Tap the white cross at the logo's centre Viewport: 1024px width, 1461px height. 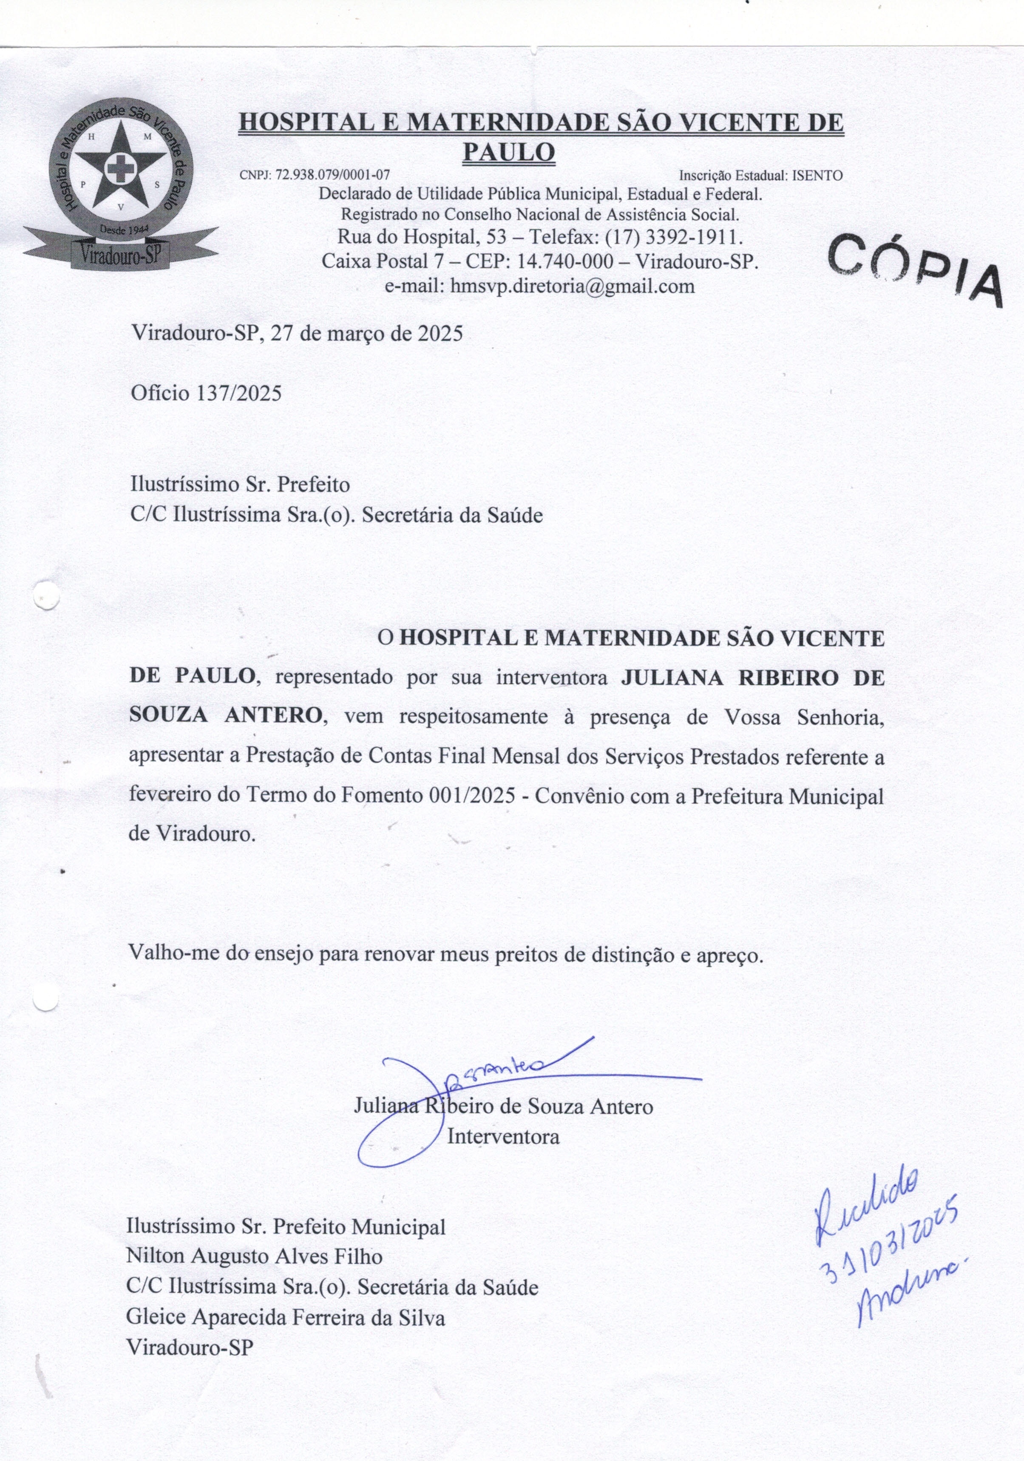[116, 169]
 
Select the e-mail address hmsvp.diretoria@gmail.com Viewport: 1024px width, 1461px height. [572, 286]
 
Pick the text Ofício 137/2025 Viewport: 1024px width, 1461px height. [206, 393]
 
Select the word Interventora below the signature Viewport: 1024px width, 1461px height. [503, 1137]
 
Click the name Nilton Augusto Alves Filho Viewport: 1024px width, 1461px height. [255, 1257]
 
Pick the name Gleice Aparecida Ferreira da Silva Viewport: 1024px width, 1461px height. [286, 1317]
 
